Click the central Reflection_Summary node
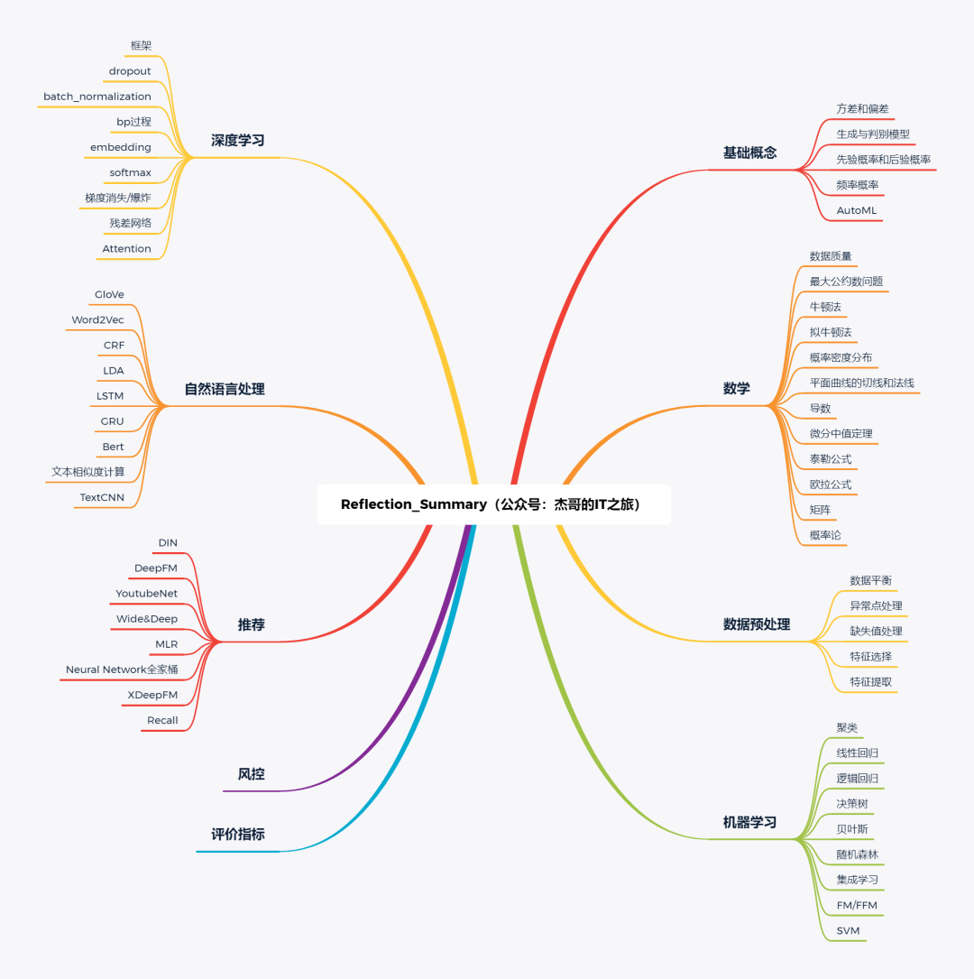[493, 504]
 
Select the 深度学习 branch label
[238, 141]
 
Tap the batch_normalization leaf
[97, 97]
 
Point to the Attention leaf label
[126, 248]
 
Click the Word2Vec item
[97, 319]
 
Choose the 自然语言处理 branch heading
[225, 389]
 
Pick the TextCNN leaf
[102, 497]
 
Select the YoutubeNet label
[147, 593]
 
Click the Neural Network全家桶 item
[122, 670]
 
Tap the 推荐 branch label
[252, 624]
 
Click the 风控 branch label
[252, 774]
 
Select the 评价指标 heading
[238, 834]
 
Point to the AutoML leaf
[857, 210]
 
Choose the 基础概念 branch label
[750, 152]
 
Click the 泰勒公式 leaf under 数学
[831, 459]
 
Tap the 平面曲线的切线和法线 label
[861, 383]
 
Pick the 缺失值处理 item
[876, 631]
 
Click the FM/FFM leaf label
[857, 905]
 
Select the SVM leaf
[848, 930]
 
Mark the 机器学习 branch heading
[750, 822]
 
